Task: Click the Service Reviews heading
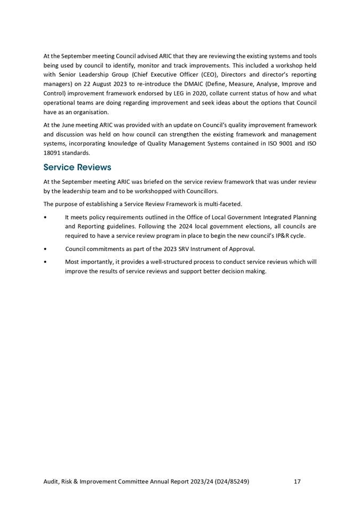(x=77, y=167)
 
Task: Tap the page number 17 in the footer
(x=297, y=481)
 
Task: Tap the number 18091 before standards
(x=53, y=153)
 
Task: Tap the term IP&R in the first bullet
(x=282, y=236)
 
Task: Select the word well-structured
(x=175, y=262)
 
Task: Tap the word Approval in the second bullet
(x=242, y=249)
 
